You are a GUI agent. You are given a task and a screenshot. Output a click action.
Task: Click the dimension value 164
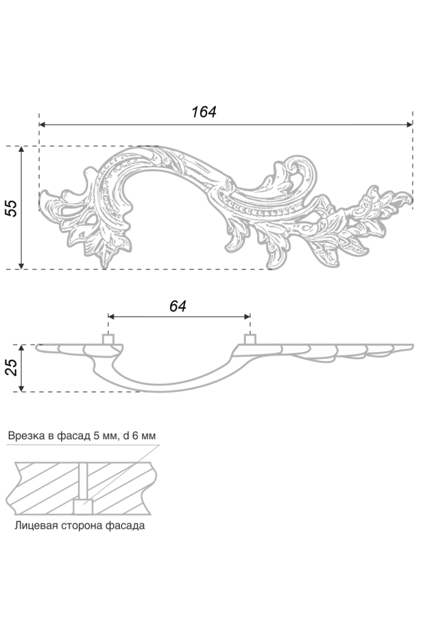(x=203, y=112)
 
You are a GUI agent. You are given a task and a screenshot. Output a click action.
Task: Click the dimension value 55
(x=12, y=208)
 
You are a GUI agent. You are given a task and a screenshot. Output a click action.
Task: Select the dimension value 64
(x=178, y=306)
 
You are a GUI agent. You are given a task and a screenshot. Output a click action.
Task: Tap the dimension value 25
(x=12, y=367)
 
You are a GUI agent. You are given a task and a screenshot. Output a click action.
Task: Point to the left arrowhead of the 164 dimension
(x=42, y=125)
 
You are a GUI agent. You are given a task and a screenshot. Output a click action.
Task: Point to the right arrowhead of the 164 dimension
(x=409, y=125)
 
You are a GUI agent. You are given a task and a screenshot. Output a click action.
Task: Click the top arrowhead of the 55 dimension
(x=21, y=150)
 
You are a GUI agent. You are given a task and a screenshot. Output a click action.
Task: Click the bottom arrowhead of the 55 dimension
(x=21, y=265)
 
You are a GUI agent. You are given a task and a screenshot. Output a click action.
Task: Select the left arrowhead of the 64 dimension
(x=112, y=317)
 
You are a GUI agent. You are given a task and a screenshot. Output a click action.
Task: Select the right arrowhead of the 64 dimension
(x=247, y=317)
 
